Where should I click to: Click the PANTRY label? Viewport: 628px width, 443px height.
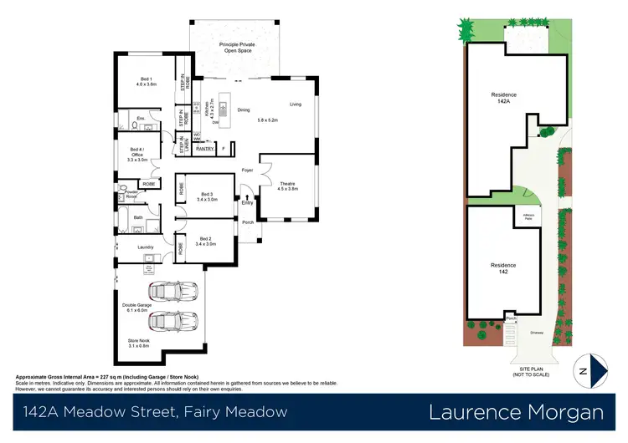click(x=205, y=149)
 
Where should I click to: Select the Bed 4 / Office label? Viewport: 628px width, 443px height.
click(x=138, y=155)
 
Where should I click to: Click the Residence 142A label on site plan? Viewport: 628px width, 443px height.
click(x=503, y=98)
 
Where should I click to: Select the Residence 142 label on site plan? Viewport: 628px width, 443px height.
click(x=503, y=268)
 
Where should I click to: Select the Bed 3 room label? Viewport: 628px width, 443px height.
click(x=206, y=196)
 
